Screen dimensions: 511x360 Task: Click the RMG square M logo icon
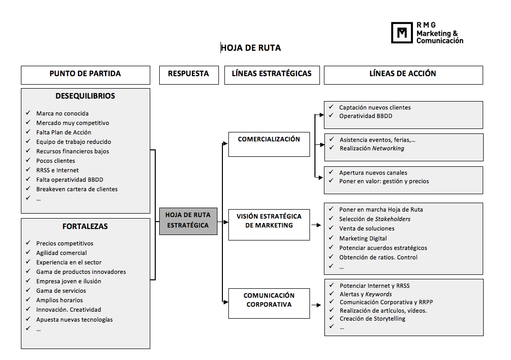point(402,32)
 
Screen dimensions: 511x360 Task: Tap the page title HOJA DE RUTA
point(251,48)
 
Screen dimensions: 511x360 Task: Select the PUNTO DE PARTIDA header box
point(86,75)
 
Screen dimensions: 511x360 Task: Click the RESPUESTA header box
point(189,75)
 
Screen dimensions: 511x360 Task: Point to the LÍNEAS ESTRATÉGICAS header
point(272,75)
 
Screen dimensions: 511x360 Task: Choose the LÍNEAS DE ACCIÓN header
point(403,75)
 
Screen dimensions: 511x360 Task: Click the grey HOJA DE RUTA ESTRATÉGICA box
point(188,221)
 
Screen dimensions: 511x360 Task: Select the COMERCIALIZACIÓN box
point(269,144)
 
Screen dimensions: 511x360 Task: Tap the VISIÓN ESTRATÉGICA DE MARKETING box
point(269,225)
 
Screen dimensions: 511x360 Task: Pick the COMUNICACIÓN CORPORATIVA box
point(269,303)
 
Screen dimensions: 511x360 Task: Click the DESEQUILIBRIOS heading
point(85,96)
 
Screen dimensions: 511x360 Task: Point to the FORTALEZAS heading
point(85,226)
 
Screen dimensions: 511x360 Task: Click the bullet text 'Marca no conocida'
point(62,114)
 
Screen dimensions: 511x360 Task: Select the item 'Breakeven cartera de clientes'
point(77,189)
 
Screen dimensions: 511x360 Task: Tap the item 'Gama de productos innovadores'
point(81,272)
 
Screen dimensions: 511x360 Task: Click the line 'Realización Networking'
point(372,148)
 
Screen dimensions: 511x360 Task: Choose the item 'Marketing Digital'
point(363,239)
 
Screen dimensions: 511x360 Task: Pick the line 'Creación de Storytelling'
point(372,319)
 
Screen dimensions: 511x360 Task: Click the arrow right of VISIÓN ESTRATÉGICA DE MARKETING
point(316,225)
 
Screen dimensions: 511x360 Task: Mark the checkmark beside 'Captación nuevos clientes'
point(331,107)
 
